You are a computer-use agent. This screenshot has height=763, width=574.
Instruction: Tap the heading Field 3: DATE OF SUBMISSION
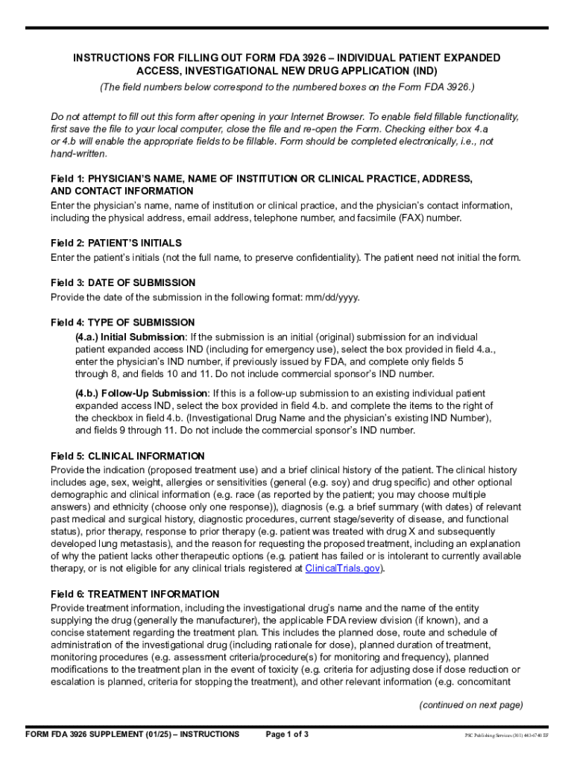(x=123, y=282)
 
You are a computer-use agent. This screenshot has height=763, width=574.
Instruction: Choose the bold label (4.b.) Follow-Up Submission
(x=141, y=393)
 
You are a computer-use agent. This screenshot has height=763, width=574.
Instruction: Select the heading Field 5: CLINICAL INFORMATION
(x=127, y=456)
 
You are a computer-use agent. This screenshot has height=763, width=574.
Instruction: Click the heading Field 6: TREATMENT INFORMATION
(x=135, y=594)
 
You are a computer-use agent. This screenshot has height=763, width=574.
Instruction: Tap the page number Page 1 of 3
(x=287, y=735)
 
